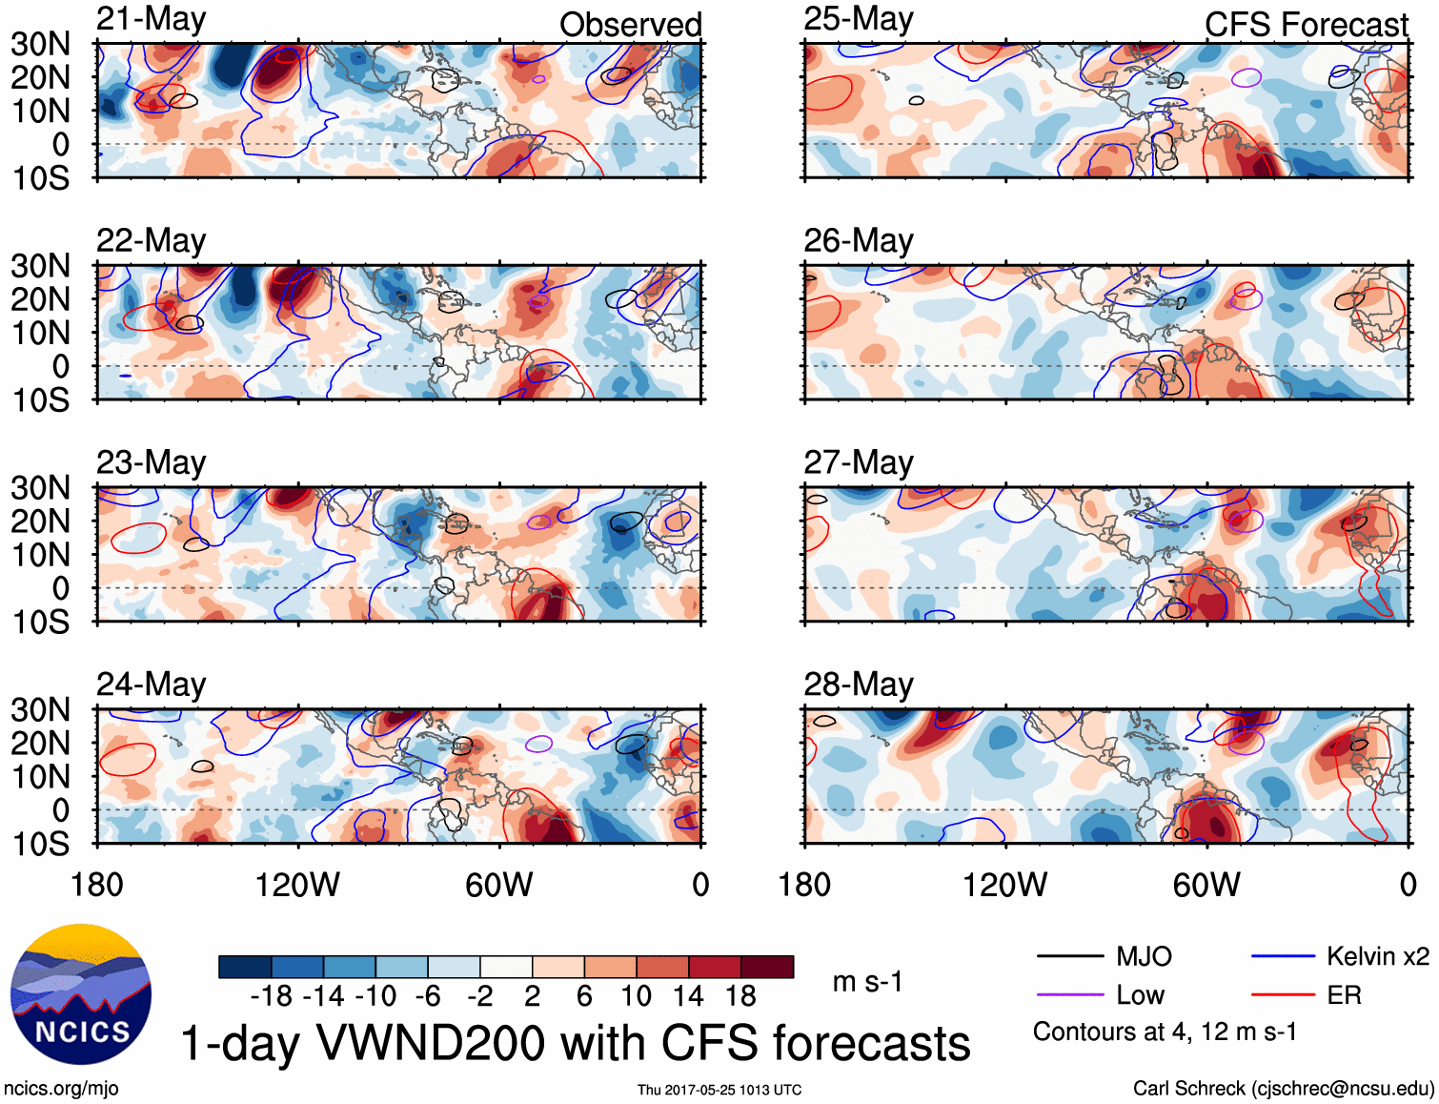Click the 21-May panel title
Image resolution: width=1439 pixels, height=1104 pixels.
click(152, 19)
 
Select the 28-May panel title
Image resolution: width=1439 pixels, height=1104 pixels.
click(859, 685)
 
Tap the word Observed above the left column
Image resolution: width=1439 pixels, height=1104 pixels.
click(630, 25)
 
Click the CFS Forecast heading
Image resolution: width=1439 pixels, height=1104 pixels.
click(1306, 25)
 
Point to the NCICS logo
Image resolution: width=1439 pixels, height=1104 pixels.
click(81, 994)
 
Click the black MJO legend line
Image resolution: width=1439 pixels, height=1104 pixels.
click(1069, 956)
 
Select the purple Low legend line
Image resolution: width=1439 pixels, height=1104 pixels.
click(1069, 995)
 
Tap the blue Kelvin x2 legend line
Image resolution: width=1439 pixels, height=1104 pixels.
click(1283, 956)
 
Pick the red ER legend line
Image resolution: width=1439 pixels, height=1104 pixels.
click(1283, 995)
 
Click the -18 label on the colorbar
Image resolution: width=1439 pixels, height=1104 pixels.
click(272, 996)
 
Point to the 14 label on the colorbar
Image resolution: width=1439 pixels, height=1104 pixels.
click(688, 996)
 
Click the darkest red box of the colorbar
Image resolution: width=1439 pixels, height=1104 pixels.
click(767, 967)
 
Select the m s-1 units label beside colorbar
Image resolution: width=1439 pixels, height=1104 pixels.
click(867, 981)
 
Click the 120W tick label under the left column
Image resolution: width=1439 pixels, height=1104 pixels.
click(297, 885)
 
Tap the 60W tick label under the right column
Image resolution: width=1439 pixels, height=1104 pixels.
click(1206, 885)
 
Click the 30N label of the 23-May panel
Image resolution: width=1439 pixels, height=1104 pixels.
click(41, 488)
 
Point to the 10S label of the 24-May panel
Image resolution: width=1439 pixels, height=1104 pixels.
click(41, 844)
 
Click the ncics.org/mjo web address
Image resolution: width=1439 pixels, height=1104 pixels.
click(62, 1089)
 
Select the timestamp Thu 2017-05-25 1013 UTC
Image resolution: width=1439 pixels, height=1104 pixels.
click(719, 1090)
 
